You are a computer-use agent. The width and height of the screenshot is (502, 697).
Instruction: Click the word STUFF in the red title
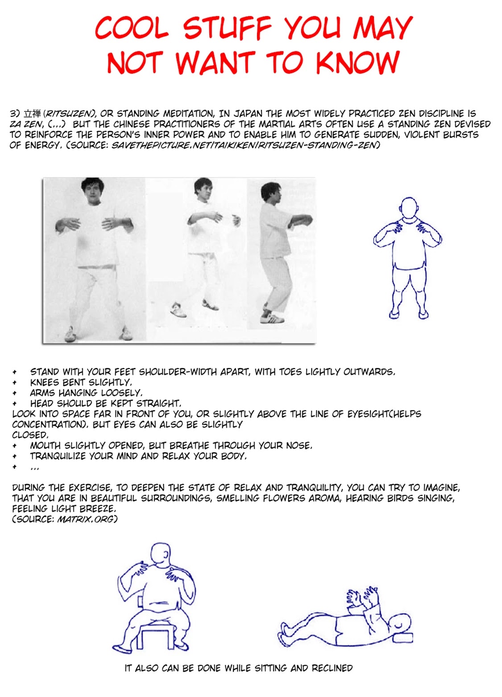pyautogui.click(x=227, y=28)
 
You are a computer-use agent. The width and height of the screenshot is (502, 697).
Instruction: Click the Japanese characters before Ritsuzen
pyautogui.click(x=32, y=114)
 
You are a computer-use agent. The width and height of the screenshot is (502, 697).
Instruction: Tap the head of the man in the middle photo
pyautogui.click(x=203, y=189)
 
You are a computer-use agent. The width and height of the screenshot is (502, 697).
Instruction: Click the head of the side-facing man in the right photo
pyautogui.click(x=271, y=193)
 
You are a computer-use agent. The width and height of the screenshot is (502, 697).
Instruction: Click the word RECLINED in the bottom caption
pyautogui.click(x=332, y=668)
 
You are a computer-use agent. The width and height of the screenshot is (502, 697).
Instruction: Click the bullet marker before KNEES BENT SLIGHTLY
pyautogui.click(x=15, y=382)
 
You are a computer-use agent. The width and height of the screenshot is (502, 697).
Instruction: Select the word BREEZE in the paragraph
pyautogui.click(x=100, y=508)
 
